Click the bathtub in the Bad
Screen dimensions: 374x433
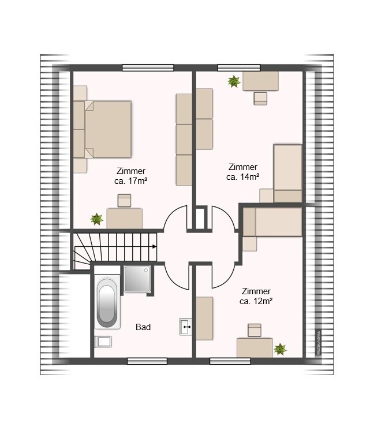click(x=107, y=302)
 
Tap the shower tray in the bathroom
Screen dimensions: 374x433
click(x=137, y=279)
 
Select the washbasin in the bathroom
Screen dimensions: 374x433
click(x=186, y=327)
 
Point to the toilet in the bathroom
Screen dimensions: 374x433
click(x=103, y=342)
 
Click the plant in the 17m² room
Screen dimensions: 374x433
click(x=97, y=219)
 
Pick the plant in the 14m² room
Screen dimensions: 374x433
click(x=234, y=82)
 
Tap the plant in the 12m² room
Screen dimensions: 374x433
click(x=280, y=349)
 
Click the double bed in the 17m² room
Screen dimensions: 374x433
click(x=107, y=129)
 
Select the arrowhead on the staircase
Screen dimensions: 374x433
click(x=154, y=247)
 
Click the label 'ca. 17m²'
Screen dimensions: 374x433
click(x=130, y=181)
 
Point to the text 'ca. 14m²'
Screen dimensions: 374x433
click(x=242, y=177)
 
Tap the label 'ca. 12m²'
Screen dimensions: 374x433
click(x=256, y=301)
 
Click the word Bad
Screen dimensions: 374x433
click(x=143, y=327)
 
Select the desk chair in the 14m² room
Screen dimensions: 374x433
click(x=260, y=99)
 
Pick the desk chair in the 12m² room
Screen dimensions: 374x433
click(x=255, y=330)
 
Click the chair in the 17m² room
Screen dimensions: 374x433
click(x=124, y=201)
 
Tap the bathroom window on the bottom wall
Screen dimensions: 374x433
click(x=147, y=361)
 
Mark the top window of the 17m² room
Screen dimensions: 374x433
click(x=148, y=68)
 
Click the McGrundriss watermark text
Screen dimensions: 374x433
click(x=319, y=342)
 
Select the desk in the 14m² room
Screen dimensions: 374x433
click(x=260, y=81)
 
